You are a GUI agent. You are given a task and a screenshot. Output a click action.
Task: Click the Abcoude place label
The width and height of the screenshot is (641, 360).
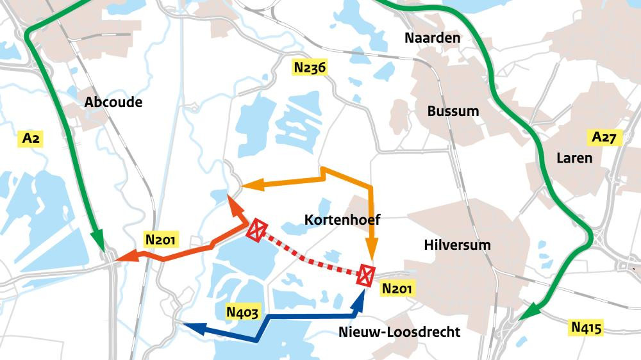coord(113,102)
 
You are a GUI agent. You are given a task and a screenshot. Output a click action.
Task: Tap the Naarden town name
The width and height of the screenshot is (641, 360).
coord(432,38)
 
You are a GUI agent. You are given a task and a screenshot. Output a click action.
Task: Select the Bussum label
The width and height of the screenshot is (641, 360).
coord(453,111)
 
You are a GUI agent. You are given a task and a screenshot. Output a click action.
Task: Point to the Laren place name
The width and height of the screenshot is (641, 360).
coord(574,158)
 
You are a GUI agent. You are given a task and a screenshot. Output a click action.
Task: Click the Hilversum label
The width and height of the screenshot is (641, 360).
coord(457,245)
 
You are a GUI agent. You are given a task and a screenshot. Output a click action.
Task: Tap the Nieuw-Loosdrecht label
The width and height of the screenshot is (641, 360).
coord(399,332)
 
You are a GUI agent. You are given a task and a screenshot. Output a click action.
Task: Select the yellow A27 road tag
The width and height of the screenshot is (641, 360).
coord(604,137)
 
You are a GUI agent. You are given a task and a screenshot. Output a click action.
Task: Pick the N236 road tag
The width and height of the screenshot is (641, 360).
coord(310,67)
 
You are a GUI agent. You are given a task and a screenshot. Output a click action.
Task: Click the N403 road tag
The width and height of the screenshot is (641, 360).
coord(243,312)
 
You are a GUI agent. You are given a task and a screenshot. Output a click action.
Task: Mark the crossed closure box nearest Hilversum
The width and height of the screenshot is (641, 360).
coord(366,274)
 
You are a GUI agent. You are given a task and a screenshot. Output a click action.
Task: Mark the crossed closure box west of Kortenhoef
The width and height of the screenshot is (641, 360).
coord(257,229)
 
